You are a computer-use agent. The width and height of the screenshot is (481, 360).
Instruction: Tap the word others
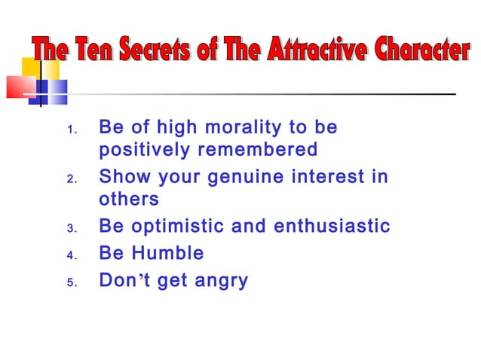(129, 200)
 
